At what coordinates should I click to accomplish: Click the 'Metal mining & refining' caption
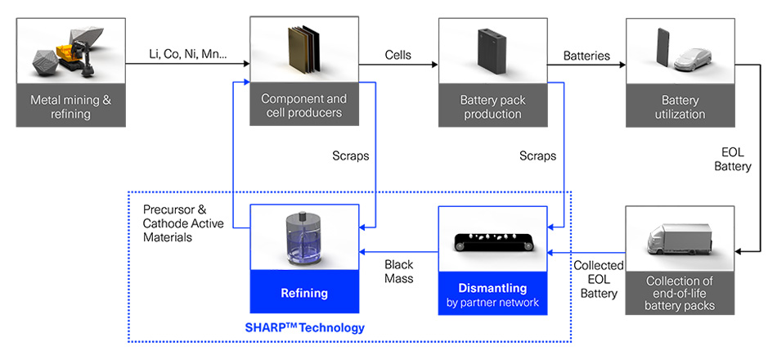[71, 107]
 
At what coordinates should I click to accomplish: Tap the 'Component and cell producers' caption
[303, 106]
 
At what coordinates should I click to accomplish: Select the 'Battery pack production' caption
[492, 107]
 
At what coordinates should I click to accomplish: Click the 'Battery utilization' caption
[679, 107]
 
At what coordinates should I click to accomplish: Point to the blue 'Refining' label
[304, 293]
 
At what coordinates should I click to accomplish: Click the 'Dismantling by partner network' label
[492, 295]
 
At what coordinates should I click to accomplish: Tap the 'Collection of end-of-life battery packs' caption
[679, 294]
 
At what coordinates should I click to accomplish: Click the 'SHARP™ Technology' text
[304, 327]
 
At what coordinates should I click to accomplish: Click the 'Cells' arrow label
[398, 55]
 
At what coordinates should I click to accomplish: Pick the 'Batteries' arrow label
[586, 55]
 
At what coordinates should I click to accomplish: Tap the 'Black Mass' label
[399, 272]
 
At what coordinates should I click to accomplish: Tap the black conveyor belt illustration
[492, 242]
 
